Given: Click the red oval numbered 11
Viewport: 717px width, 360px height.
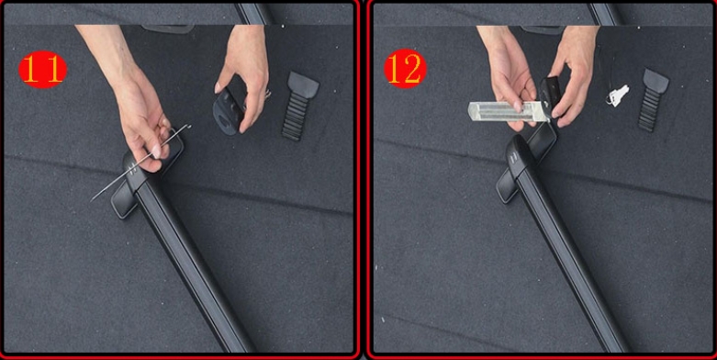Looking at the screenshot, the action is tap(42, 69).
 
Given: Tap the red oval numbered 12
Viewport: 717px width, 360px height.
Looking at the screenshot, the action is tap(405, 69).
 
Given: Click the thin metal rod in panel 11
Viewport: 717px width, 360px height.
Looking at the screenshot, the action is tap(140, 163).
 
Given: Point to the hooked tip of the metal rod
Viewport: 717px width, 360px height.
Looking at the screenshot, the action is tap(188, 126).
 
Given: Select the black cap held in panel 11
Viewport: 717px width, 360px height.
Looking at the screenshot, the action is tap(228, 111).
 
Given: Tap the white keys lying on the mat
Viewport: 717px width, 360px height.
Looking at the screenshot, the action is tap(618, 96).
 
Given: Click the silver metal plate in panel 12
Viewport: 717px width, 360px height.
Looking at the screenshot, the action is tap(508, 112).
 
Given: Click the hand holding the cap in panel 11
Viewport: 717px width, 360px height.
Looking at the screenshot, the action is tap(242, 73).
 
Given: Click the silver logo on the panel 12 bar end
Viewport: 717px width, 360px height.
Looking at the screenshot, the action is tap(513, 156).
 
